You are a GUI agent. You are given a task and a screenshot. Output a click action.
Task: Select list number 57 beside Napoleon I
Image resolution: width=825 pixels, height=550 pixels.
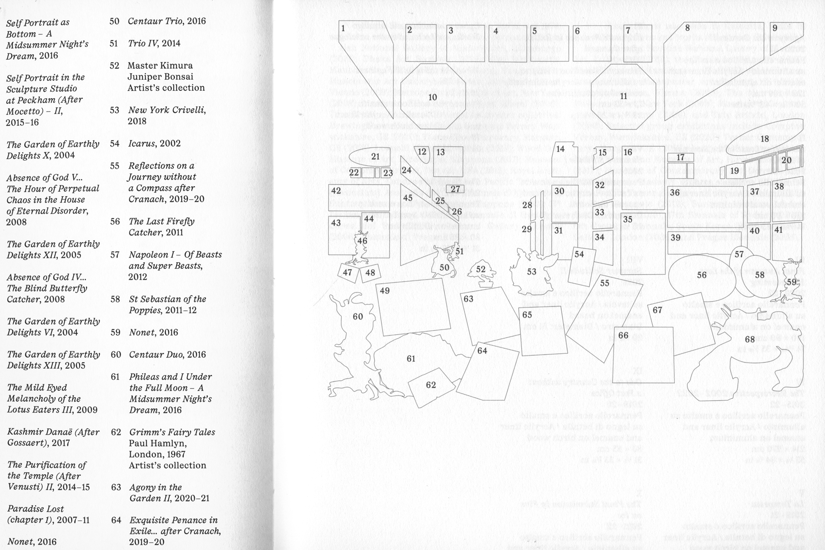pyautogui.click(x=115, y=255)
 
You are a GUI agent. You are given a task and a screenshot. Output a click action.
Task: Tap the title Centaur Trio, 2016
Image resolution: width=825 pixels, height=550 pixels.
pyautogui.click(x=167, y=21)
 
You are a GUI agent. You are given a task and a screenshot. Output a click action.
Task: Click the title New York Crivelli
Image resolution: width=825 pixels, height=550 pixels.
pyautogui.click(x=167, y=110)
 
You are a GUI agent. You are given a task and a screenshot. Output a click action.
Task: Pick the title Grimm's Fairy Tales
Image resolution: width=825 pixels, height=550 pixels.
pyautogui.click(x=172, y=432)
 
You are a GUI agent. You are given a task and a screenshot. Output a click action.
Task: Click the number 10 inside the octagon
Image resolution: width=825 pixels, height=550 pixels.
pyautogui.click(x=432, y=97)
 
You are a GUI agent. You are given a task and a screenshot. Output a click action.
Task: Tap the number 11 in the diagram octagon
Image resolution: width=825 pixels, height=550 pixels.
pyautogui.click(x=623, y=96)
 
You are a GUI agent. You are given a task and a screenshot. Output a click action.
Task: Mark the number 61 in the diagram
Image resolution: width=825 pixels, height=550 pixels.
pyautogui.click(x=411, y=358)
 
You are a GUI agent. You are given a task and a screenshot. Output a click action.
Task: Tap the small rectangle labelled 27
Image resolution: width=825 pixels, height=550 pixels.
pyautogui.click(x=455, y=189)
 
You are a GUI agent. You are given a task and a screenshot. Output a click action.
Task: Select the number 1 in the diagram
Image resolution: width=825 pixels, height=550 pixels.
pyautogui.click(x=343, y=28)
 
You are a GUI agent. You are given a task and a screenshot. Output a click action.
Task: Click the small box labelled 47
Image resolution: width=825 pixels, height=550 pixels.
pyautogui.click(x=348, y=272)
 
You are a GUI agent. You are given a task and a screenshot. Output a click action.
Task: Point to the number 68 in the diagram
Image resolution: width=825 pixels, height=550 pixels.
pyautogui.click(x=750, y=339)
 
